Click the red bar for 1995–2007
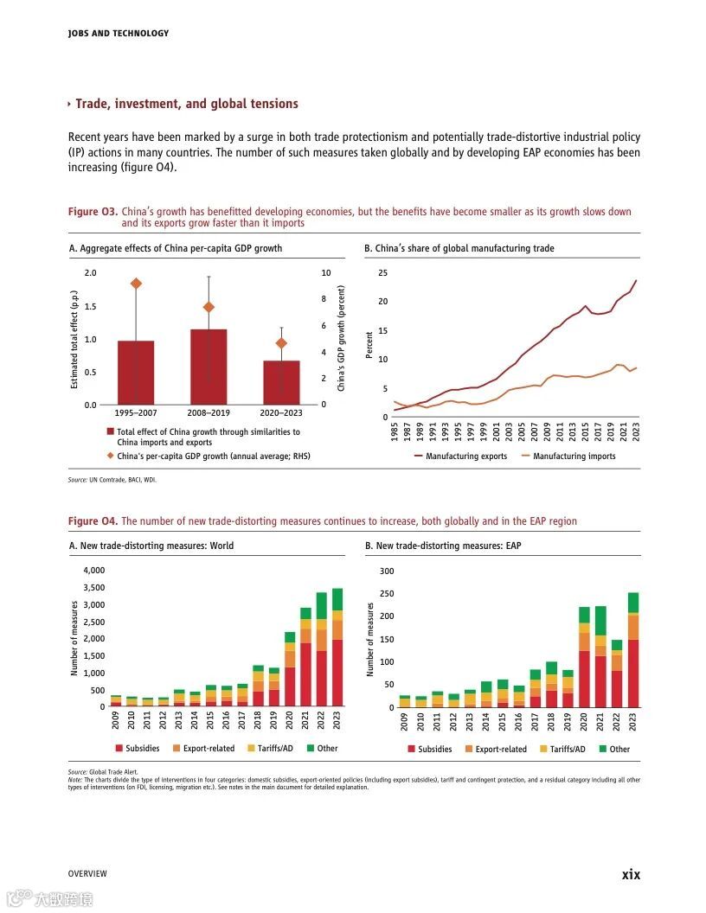136,373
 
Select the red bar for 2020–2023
281,382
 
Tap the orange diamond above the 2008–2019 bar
209,307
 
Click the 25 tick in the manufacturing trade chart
383,273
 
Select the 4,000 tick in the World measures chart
93,571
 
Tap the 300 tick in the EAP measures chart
386,571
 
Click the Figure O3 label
92,212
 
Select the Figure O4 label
92,521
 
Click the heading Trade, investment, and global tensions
186,104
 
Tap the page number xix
631,874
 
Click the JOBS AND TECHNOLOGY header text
118,34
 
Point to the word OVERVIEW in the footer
87,874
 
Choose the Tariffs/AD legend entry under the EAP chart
568,750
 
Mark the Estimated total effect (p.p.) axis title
75,338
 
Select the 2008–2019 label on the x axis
209,412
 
